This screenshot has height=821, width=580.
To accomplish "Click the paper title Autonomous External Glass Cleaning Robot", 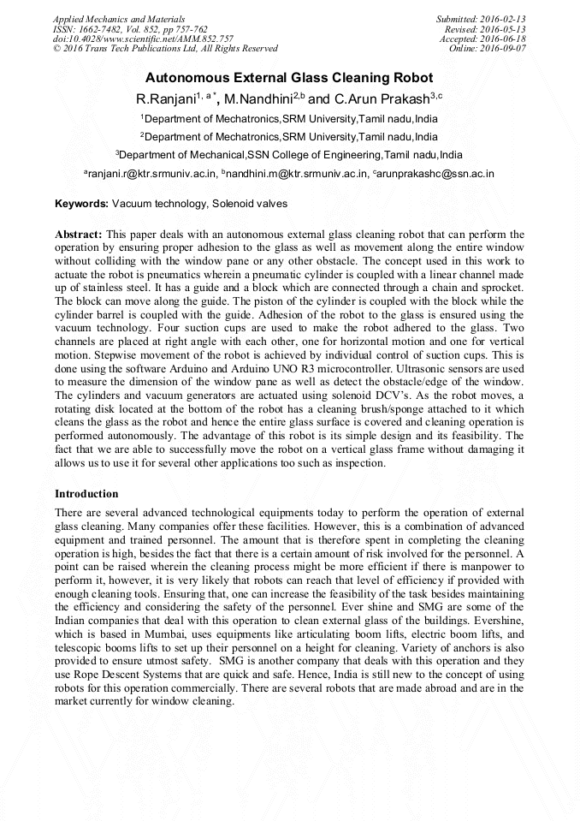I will point(289,78).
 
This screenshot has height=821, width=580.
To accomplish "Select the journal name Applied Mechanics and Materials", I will point(119,19).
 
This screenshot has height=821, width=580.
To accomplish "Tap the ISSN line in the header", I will point(130,29).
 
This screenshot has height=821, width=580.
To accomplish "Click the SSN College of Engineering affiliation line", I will point(289,155).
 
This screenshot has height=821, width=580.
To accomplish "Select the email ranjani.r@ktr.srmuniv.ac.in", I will point(151,174).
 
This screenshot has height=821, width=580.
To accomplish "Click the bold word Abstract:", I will point(79,234).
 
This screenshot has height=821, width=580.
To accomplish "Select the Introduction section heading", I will point(86,494).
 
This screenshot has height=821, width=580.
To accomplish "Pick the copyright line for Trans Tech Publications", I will point(165,49).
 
